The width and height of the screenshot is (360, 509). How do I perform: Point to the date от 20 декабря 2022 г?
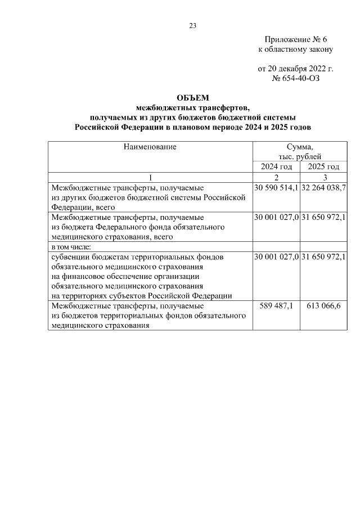tap(295, 69)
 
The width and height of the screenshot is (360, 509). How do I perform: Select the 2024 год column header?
tap(276, 167)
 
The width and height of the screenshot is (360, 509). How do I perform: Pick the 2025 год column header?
tap(323, 167)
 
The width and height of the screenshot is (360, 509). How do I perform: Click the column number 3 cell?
tap(323, 178)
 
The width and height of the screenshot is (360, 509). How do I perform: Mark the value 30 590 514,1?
tap(276, 187)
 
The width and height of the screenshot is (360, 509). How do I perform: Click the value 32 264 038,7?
tap(323, 187)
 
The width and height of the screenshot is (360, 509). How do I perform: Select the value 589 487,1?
tap(276, 305)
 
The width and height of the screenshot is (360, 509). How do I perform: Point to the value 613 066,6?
tap(323, 305)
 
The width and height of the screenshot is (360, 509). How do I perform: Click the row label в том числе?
tap(71, 247)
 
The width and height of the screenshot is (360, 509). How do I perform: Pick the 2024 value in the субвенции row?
tap(276, 257)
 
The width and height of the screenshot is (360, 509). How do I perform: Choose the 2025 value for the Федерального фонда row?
tap(323, 217)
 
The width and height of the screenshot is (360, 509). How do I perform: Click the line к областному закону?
tap(295, 49)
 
